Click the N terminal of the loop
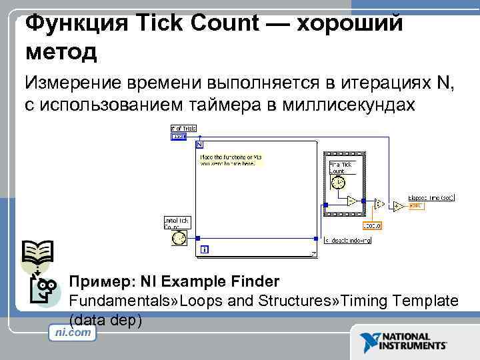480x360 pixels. (x=199, y=143)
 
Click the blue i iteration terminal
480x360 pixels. (x=203, y=249)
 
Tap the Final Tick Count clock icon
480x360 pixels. (x=338, y=183)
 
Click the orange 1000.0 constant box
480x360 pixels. (x=371, y=226)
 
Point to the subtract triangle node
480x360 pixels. (x=351, y=200)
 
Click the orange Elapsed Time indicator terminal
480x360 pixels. (x=416, y=205)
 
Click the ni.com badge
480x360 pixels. (x=73, y=332)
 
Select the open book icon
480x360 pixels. (x=37, y=253)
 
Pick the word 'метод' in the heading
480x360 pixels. (x=61, y=51)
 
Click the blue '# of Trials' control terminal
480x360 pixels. (x=179, y=137)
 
